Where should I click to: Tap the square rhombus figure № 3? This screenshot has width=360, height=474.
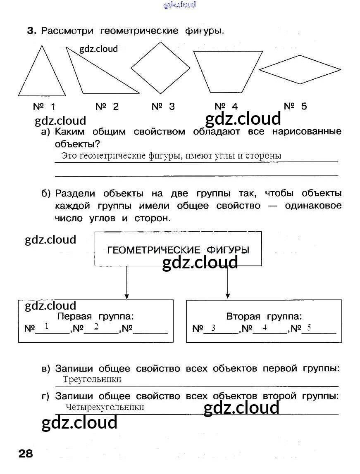tap(160, 68)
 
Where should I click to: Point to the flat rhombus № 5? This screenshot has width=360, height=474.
tap(300, 69)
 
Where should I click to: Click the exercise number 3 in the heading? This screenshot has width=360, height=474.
tap(32, 31)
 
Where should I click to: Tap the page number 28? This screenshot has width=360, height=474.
tap(26, 453)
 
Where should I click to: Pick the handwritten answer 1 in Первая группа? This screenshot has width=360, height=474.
tap(47, 327)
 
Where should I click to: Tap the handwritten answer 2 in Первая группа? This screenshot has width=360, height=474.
tap(96, 327)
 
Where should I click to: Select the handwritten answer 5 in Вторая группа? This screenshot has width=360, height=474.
tap(309, 328)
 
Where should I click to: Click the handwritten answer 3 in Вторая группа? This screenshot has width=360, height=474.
tap(213, 329)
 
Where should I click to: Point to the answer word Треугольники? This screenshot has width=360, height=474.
tap(92, 379)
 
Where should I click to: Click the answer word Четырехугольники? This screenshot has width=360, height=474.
tap(105, 407)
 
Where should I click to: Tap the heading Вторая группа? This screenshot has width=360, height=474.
tap(264, 317)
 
